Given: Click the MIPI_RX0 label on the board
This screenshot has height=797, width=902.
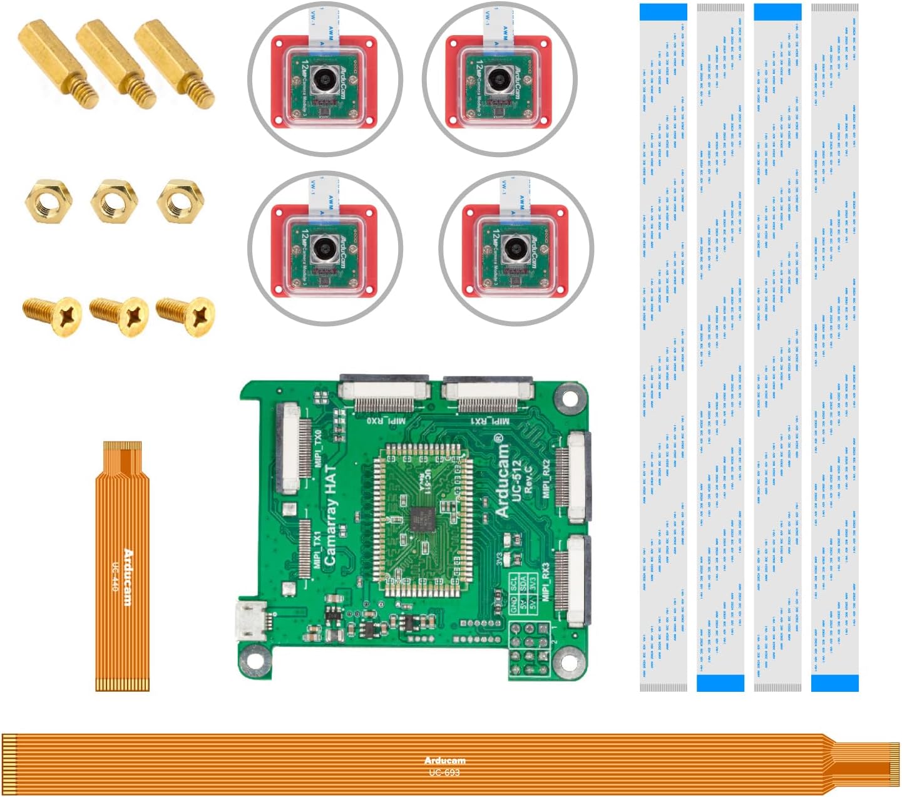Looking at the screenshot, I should (x=386, y=420).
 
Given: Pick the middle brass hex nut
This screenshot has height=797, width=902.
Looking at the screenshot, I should (x=114, y=201).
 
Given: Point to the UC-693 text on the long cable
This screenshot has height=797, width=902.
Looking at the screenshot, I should (x=444, y=773).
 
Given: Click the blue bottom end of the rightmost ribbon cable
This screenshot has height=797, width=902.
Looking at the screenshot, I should (x=834, y=683).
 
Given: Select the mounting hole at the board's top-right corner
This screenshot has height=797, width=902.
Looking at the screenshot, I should (x=570, y=398).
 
